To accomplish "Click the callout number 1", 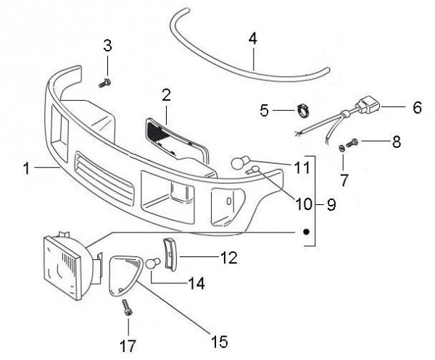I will point(26,169).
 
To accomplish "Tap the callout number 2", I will point(166,95).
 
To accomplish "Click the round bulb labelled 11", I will point(239,162).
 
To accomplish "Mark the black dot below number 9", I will point(306,233).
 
